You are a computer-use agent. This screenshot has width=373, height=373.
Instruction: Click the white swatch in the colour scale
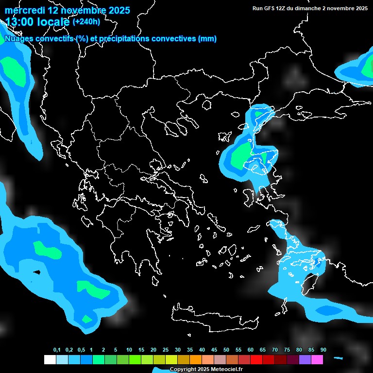coord(50,360)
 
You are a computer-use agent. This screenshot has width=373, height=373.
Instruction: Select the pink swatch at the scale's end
coord(317,360)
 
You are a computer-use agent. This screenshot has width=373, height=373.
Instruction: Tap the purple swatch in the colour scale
coord(305,360)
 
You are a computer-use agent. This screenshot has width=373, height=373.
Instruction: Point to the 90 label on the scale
coord(323,350)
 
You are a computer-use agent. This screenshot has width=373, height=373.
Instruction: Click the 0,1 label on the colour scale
coord(57,350)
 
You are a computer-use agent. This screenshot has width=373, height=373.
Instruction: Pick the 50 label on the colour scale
coord(226,350)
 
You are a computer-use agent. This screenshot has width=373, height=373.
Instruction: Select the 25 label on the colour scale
coord(166,350)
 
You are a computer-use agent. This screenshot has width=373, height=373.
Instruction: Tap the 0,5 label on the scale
coord(81,350)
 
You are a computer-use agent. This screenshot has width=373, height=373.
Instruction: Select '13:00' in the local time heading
coord(19,21)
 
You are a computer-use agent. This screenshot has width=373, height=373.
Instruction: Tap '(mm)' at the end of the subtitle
coord(207,39)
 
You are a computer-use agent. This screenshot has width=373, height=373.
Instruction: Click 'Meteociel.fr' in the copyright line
coord(226,370)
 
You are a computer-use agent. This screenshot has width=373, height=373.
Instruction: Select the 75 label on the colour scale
coord(287,350)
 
